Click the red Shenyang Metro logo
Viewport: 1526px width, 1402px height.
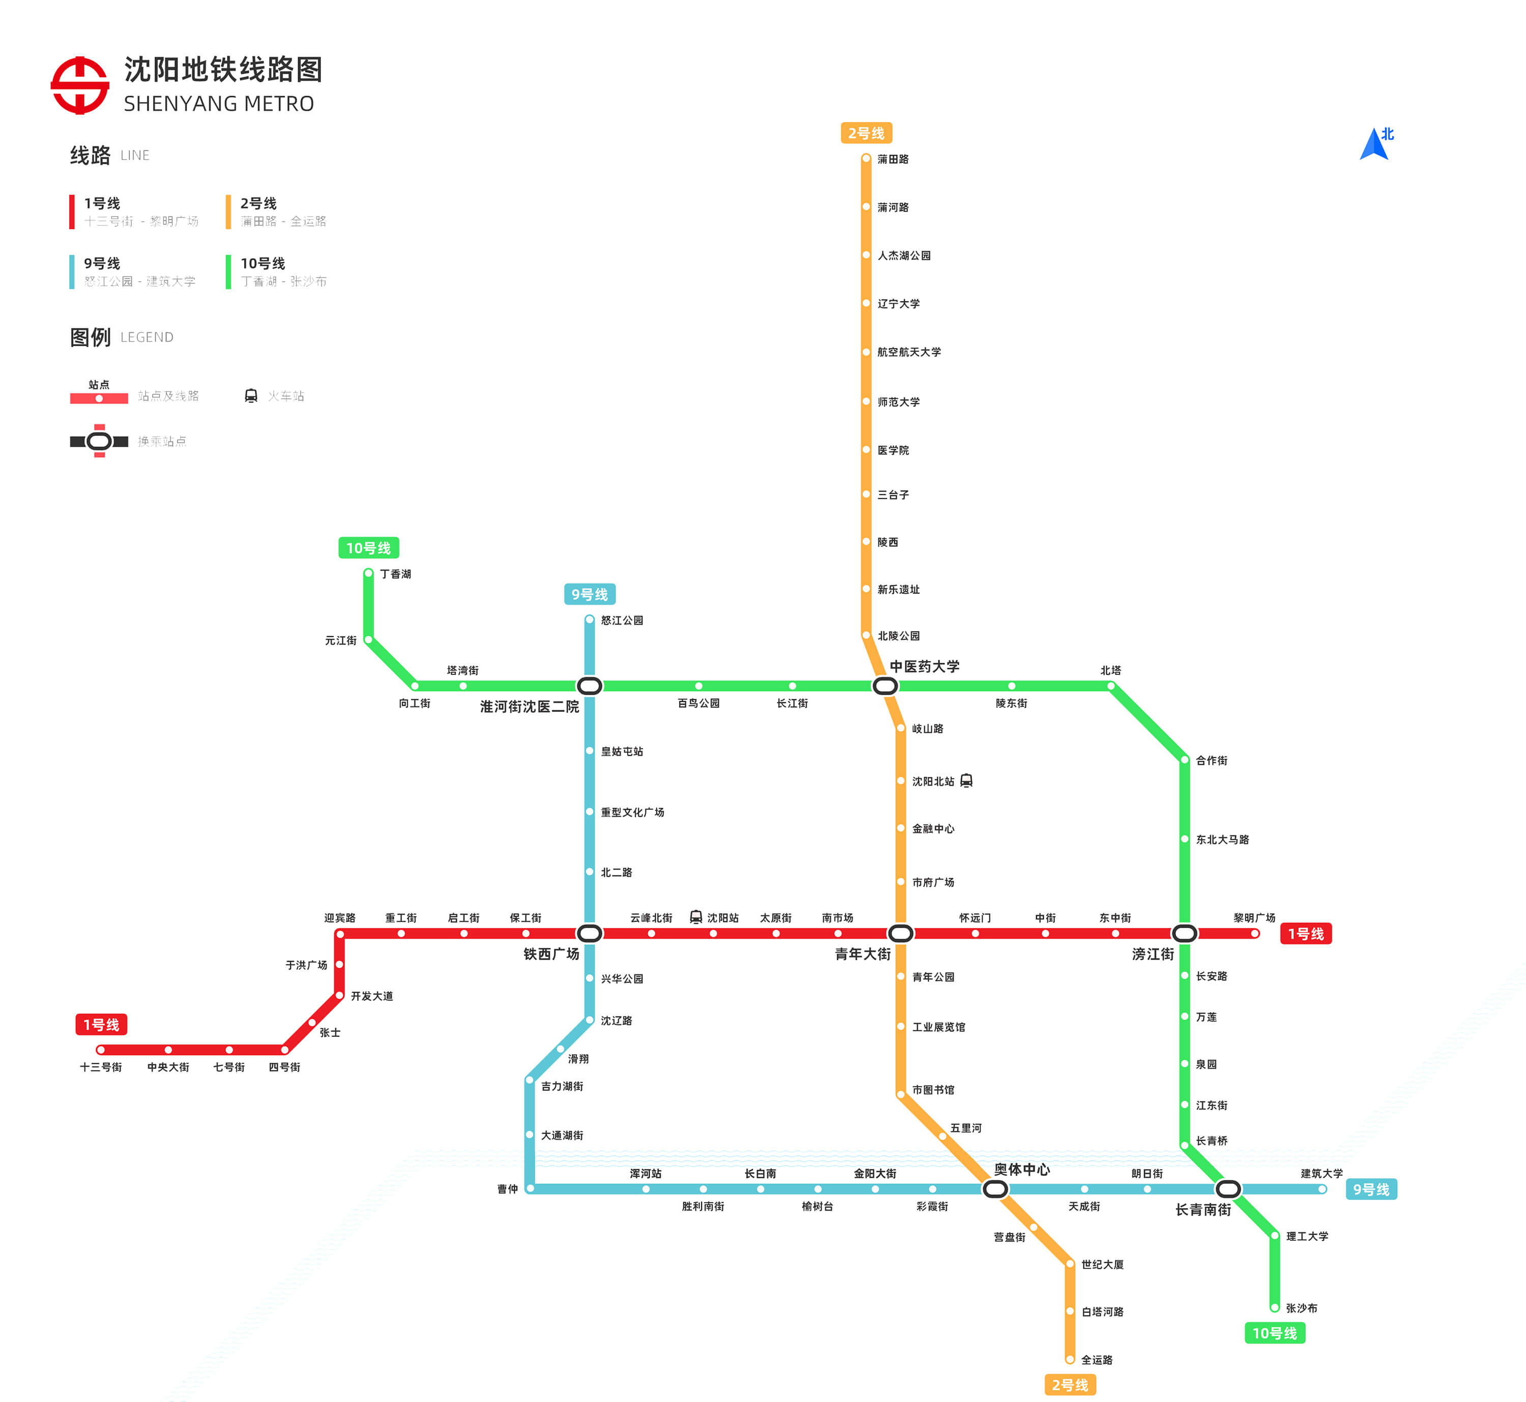pyautogui.click(x=80, y=85)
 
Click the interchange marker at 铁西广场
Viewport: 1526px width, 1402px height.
pyautogui.click(x=590, y=933)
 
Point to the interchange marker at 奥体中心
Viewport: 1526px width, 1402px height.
pyautogui.click(x=995, y=1189)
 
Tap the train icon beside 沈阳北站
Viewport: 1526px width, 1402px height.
pyautogui.click(x=966, y=781)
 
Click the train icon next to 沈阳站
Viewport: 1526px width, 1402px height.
pyautogui.click(x=696, y=917)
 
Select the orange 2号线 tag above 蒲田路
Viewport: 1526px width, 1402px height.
pyautogui.click(x=866, y=133)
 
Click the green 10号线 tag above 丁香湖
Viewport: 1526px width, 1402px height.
pyautogui.click(x=368, y=548)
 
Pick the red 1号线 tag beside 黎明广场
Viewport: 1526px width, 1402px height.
pyautogui.click(x=1305, y=934)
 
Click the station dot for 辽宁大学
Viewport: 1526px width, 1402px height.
pyautogui.click(x=866, y=304)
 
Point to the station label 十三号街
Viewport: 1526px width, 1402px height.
pyautogui.click(x=101, y=1067)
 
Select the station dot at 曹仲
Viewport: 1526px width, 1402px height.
pyautogui.click(x=530, y=1189)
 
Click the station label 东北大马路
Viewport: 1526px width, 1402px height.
pyautogui.click(x=1222, y=839)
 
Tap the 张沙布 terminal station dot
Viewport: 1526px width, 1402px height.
pyautogui.click(x=1275, y=1307)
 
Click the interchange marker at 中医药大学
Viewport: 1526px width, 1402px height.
pyautogui.click(x=885, y=686)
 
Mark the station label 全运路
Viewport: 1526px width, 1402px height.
pyautogui.click(x=1097, y=1359)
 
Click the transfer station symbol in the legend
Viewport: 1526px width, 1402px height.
pyautogui.click(x=99, y=441)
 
